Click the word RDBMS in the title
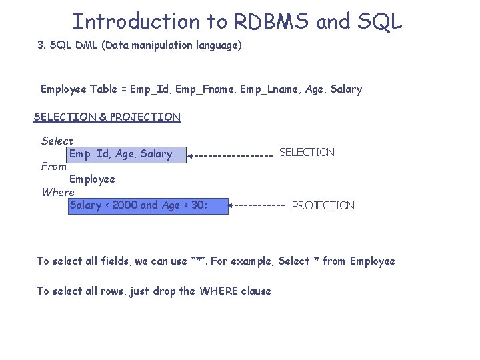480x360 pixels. (x=271, y=21)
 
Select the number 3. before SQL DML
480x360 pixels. (x=41, y=46)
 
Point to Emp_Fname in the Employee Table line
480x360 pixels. (x=193, y=89)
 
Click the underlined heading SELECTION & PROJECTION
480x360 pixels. (x=107, y=117)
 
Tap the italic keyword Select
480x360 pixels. (x=57, y=141)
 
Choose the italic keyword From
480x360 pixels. (x=53, y=167)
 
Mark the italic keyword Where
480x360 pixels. (x=58, y=192)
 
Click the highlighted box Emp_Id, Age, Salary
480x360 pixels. (x=121, y=154)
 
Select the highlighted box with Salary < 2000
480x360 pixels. (x=139, y=205)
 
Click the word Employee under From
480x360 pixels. (x=92, y=179)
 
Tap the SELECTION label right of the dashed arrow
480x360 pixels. (x=307, y=153)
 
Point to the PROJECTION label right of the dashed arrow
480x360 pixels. (x=323, y=205)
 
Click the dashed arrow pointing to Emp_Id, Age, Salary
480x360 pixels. (x=231, y=155)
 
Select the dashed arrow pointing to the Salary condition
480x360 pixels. (x=257, y=205)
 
